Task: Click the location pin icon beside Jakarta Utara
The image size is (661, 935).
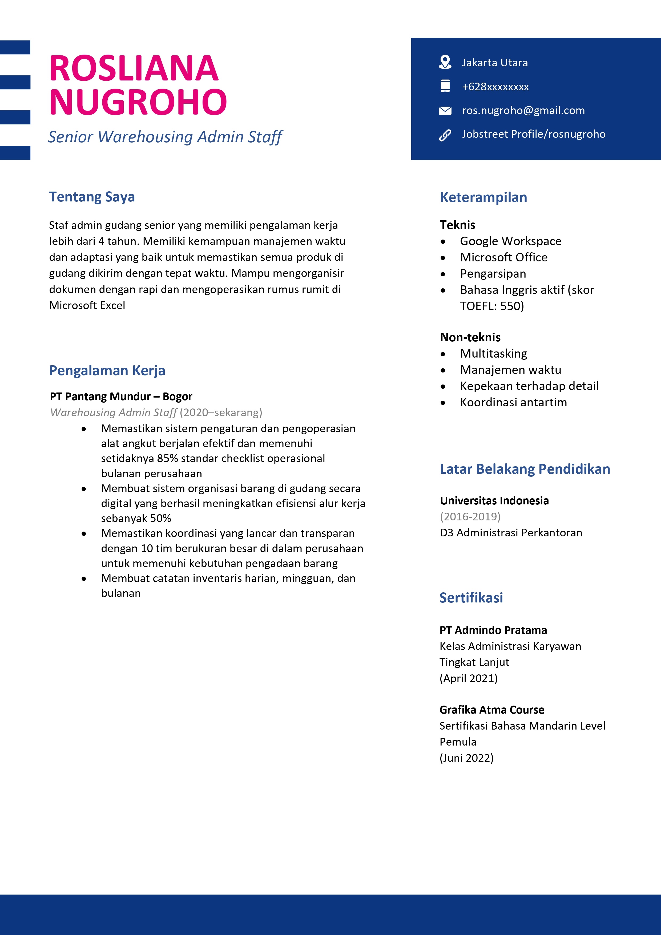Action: [445, 62]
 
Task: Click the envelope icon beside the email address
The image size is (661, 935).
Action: [445, 110]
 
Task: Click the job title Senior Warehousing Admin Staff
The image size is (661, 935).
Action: [165, 137]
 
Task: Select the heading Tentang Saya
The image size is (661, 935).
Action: [92, 197]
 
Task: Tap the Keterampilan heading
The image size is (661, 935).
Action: [483, 197]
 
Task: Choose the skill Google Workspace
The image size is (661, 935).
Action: [510, 241]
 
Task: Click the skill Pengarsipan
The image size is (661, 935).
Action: [493, 274]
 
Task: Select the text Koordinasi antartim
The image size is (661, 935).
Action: [513, 402]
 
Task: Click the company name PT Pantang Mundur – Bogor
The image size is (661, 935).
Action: [121, 396]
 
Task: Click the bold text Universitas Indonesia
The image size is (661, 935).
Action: [494, 500]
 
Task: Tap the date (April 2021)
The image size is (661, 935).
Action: [468, 678]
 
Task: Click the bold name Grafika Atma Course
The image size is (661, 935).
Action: [491, 710]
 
